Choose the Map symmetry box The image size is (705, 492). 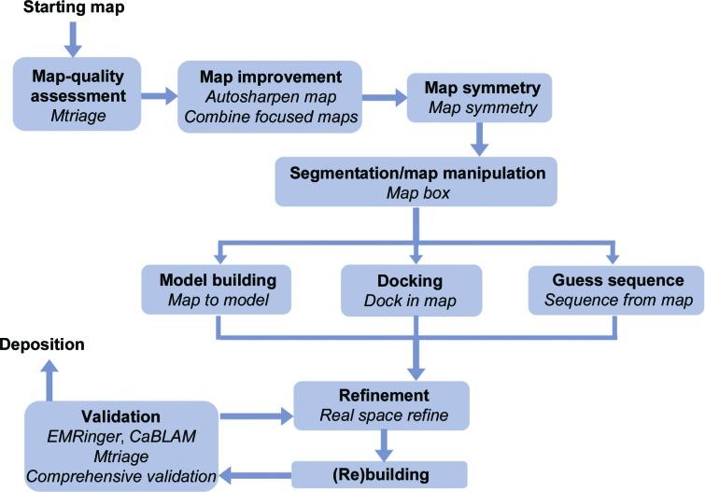(x=480, y=96)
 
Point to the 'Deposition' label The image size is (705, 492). (x=43, y=345)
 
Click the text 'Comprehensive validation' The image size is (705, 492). (x=120, y=477)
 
